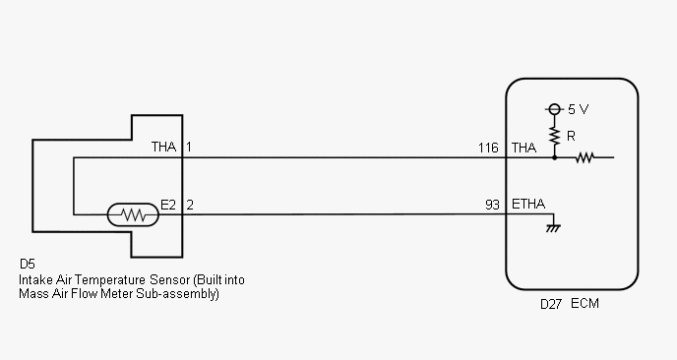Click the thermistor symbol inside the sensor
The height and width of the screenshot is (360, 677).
(133, 214)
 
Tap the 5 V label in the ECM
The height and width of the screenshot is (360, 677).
(579, 109)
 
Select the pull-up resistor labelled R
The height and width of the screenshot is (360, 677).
(554, 136)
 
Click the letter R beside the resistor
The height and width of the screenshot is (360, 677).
(571, 137)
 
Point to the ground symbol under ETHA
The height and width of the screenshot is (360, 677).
(553, 228)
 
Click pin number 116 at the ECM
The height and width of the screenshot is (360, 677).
(488, 149)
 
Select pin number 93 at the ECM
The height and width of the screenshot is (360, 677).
(492, 205)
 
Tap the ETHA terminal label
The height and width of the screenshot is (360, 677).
(528, 204)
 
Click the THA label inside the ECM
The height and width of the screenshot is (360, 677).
(524, 149)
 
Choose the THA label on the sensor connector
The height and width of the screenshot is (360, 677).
(164, 147)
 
